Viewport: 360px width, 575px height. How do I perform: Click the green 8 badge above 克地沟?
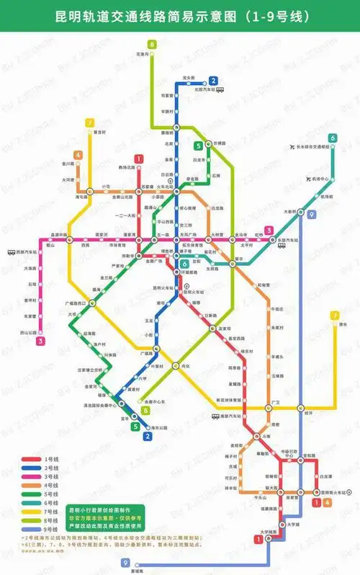pos(152,45)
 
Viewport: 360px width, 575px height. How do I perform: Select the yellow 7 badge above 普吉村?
pos(90,122)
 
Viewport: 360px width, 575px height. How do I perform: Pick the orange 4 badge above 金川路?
pos(77,155)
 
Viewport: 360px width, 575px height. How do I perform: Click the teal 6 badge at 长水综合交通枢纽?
pos(332,138)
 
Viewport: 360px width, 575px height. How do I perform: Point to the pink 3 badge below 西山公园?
pos(40,341)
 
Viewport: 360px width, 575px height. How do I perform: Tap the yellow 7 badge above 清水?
pos(334,315)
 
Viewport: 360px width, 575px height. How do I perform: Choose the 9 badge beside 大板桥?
pos(310,214)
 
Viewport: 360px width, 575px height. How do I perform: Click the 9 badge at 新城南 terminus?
pos(126,563)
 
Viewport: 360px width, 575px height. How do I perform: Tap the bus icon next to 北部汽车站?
pos(220,91)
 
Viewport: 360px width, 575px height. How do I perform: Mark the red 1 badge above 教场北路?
pos(138,159)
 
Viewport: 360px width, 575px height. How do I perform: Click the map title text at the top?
pos(180,14)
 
